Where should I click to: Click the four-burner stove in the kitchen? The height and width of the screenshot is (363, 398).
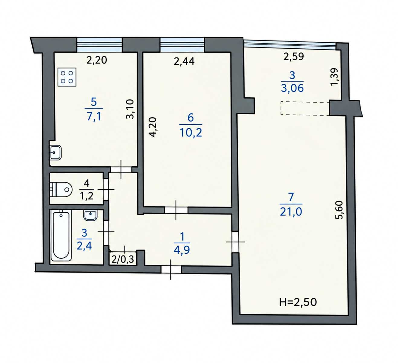[67, 77]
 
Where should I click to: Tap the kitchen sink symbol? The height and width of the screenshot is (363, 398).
[56, 152]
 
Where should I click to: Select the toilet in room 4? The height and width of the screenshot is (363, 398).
[61, 190]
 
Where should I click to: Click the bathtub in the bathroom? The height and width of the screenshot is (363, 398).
[61, 237]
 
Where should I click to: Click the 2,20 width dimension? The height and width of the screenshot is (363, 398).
[97, 60]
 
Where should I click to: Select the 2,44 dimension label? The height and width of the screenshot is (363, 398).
[184, 61]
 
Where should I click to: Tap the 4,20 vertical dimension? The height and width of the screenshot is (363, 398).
[153, 127]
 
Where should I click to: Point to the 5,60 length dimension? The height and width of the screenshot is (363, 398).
[339, 210]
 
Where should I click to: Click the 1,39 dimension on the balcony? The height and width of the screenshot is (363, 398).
[334, 77]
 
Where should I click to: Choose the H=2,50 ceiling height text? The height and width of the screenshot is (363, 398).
[298, 302]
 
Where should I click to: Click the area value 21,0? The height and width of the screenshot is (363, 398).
[291, 212]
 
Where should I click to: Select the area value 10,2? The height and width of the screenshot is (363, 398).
[191, 133]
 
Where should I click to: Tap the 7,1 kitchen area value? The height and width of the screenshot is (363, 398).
[94, 116]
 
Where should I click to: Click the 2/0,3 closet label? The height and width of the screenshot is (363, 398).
[123, 260]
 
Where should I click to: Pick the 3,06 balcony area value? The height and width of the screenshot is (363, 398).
[292, 88]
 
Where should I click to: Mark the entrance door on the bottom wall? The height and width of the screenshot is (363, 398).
[171, 270]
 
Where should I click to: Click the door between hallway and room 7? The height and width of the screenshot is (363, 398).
[235, 242]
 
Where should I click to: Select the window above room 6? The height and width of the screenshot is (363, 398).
[182, 44]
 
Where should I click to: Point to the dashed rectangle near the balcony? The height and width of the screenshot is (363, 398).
[305, 108]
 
